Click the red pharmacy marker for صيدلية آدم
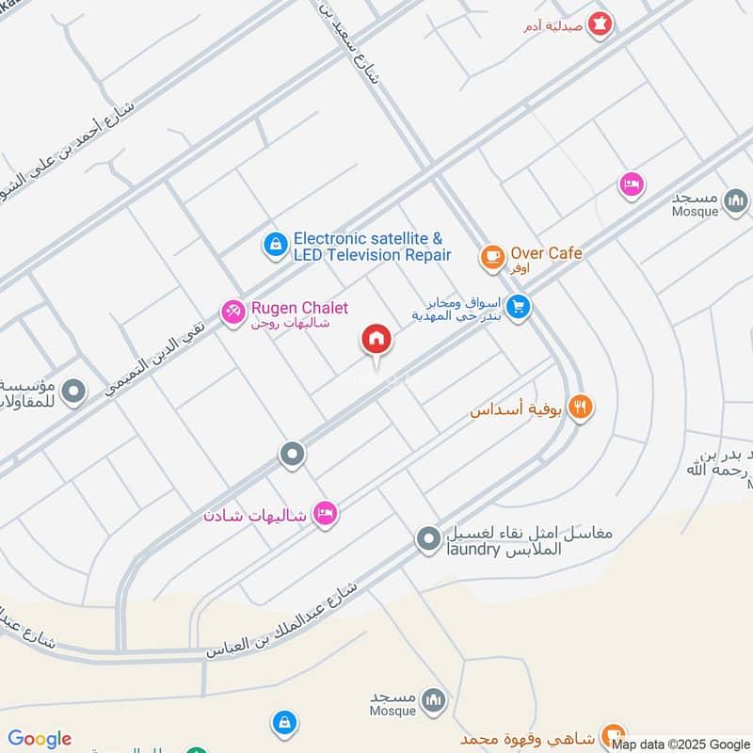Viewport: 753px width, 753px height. pyautogui.click(x=599, y=23)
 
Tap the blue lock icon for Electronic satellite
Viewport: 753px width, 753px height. pyautogui.click(x=275, y=245)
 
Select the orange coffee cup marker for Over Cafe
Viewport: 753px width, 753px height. pyautogui.click(x=492, y=255)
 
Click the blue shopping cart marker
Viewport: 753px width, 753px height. pyautogui.click(x=518, y=307)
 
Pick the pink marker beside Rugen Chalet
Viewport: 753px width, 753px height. pyautogui.click(x=233, y=311)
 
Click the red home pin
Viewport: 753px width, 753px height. pyautogui.click(x=376, y=339)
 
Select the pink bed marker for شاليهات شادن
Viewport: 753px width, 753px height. pyautogui.click(x=326, y=514)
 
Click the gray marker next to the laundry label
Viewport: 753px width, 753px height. pyautogui.click(x=429, y=539)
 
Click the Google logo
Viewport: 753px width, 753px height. pyautogui.click(x=40, y=739)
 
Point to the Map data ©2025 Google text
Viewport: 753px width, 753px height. pyautogui.click(x=680, y=744)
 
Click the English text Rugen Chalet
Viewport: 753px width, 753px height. pyautogui.click(x=299, y=308)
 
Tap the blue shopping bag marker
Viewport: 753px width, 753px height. pyautogui.click(x=282, y=723)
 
